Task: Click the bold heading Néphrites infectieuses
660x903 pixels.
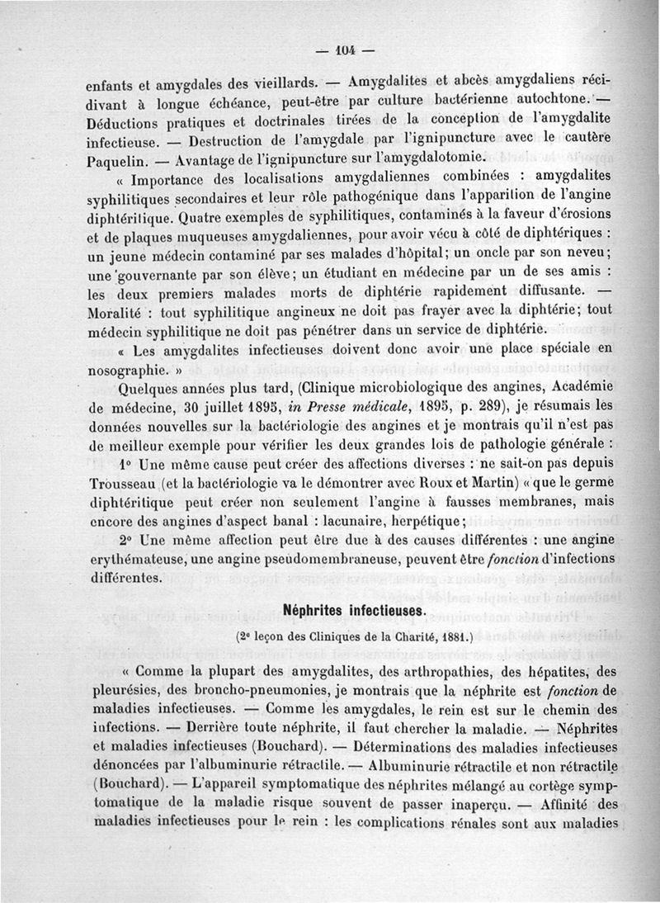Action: point(353,611)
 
